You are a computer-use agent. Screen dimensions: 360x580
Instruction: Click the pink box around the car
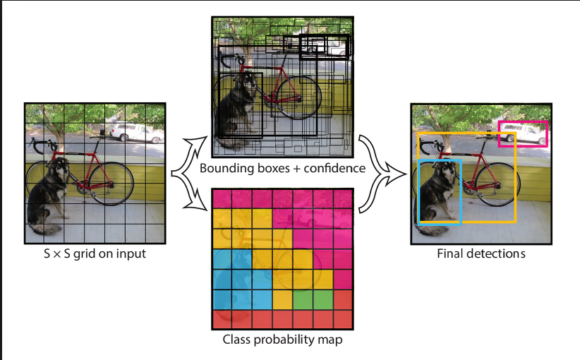(523, 122)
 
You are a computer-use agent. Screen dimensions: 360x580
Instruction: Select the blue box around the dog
(419, 191)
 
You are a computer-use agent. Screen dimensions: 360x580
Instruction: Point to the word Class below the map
(236, 340)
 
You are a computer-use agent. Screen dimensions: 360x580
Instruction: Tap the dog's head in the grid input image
(59, 167)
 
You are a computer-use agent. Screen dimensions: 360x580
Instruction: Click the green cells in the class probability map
(313, 300)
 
